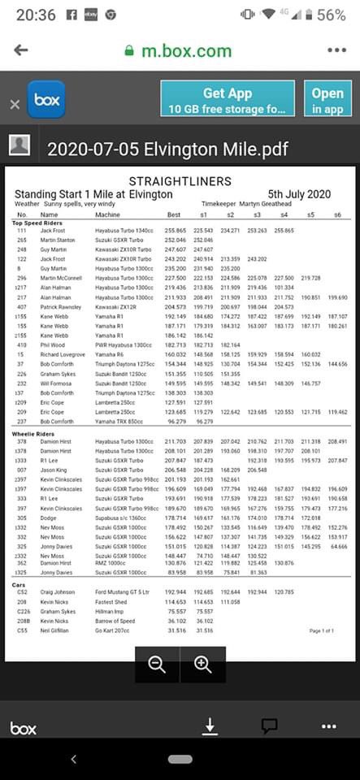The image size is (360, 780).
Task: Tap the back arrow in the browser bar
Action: click(20, 50)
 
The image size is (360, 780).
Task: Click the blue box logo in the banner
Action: click(46, 100)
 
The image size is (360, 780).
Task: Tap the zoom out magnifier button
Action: click(157, 664)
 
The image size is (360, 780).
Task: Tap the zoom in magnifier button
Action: click(202, 664)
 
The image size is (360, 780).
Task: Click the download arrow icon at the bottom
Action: click(210, 726)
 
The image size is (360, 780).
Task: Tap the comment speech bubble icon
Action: click(269, 726)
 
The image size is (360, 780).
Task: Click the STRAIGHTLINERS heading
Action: click(180, 181)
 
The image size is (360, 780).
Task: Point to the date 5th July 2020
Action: click(299, 194)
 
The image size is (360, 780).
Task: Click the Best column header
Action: click(173, 214)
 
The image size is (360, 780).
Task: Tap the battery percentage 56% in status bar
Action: click(331, 15)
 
